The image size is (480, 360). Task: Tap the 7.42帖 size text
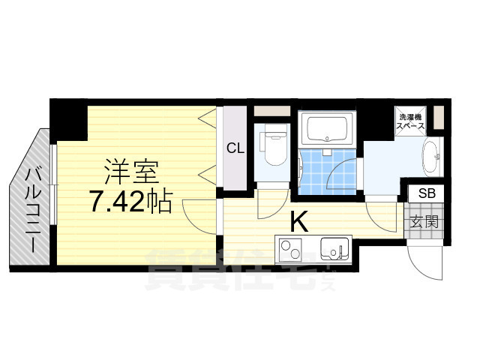tap(130, 202)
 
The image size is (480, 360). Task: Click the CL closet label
tap(235, 148)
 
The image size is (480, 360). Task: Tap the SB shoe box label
tap(426, 193)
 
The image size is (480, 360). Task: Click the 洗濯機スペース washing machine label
tap(411, 122)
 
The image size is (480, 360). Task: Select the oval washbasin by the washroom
tap(433, 157)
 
